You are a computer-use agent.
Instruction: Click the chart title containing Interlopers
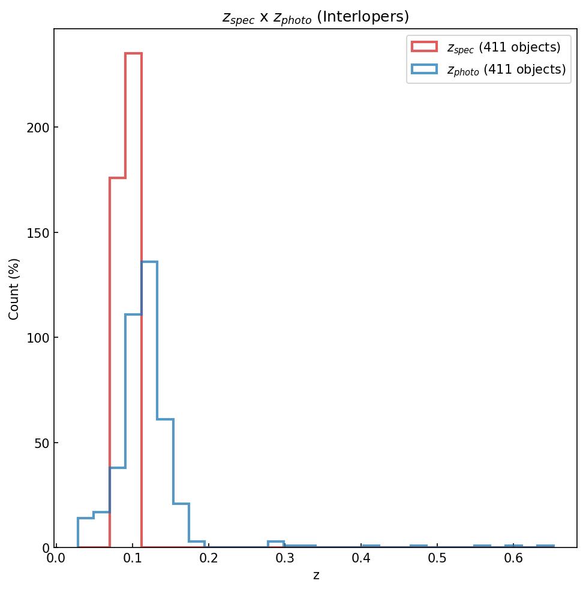pos(315,17)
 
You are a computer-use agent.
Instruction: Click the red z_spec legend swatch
pos(424,47)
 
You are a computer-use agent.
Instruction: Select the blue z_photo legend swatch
pos(424,69)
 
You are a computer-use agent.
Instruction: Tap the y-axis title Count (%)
pos(14,289)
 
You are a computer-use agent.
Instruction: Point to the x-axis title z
pos(316,576)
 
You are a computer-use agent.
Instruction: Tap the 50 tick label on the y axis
pos(41,443)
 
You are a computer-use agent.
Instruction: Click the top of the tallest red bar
pos(133,54)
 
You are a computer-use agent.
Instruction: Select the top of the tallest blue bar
pos(149,262)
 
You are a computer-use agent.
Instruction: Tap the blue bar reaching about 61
pos(165,420)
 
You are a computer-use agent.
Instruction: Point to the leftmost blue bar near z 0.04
pos(86,519)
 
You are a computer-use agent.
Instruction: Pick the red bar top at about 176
pos(118,178)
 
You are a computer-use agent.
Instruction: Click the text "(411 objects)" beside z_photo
pos(524,69)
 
